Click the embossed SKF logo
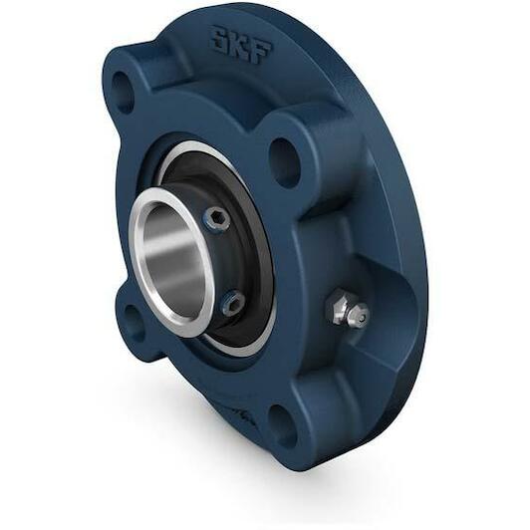pyautogui.click(x=240, y=46)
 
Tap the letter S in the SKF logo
pyautogui.click(x=219, y=39)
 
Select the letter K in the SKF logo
pyautogui.click(x=239, y=46)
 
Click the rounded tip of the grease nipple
pyautogui.click(x=360, y=315)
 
